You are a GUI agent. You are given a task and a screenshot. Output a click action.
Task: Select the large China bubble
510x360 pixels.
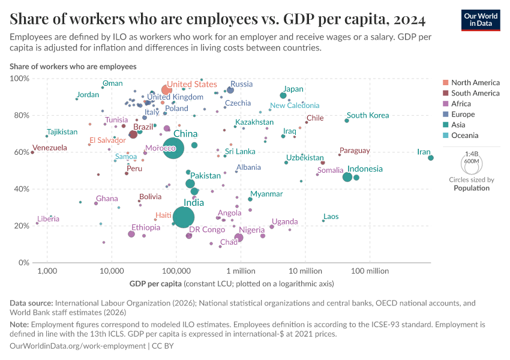[x=173, y=148]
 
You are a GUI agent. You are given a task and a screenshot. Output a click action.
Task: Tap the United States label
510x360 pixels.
[x=191, y=85]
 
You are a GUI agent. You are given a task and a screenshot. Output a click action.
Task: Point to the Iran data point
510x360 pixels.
[x=431, y=158]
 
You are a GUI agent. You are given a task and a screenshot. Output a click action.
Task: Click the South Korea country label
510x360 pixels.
[x=368, y=115]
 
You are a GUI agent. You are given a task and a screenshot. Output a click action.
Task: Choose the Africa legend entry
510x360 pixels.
[x=461, y=104]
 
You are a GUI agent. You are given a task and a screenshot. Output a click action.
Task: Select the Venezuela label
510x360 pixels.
[x=50, y=148]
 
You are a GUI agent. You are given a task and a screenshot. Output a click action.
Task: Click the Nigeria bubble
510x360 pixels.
[x=239, y=238]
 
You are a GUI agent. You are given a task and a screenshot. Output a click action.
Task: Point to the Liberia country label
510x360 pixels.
[x=48, y=219]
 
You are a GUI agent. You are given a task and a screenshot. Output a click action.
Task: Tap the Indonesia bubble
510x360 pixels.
[x=347, y=177]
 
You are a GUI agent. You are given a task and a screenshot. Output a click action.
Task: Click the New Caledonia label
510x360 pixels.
[x=294, y=106]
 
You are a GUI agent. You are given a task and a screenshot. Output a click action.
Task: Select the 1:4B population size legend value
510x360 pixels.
[x=472, y=154]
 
